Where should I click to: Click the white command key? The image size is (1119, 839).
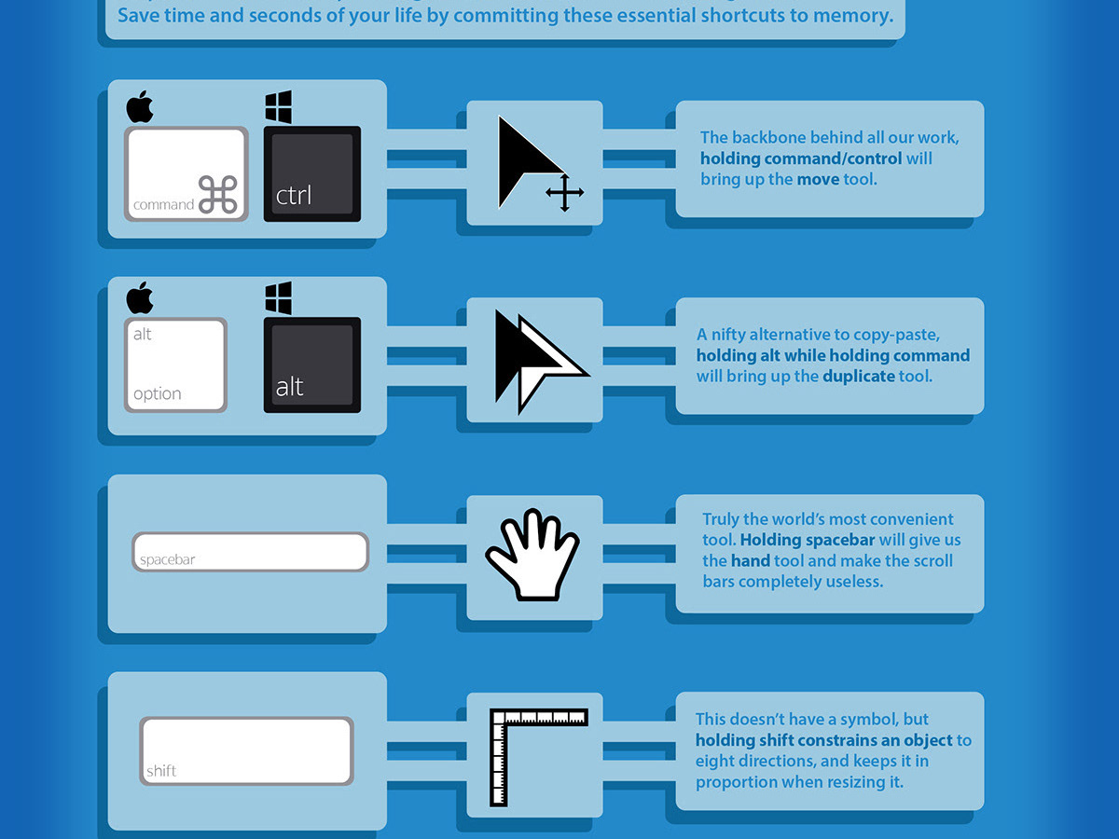coord(186,173)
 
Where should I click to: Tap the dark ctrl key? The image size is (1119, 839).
coord(311,173)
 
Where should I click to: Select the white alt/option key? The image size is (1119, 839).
coord(175,364)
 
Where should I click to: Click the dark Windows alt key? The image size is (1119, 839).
coord(311,364)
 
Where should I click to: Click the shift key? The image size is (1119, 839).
coord(246,750)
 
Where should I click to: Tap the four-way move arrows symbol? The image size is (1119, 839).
coord(564,193)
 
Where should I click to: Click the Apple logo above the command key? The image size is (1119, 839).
coord(139,107)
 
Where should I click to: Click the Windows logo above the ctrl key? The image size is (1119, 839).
coord(279,107)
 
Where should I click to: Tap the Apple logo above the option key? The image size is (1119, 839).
coord(139,298)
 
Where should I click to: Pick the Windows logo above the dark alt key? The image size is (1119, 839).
coord(279,298)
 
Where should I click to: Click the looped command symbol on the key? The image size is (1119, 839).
coord(218,195)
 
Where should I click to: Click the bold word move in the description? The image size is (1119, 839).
coord(818,179)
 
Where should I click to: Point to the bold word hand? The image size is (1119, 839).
coord(750,561)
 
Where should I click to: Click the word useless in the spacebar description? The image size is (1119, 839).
coord(852,582)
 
